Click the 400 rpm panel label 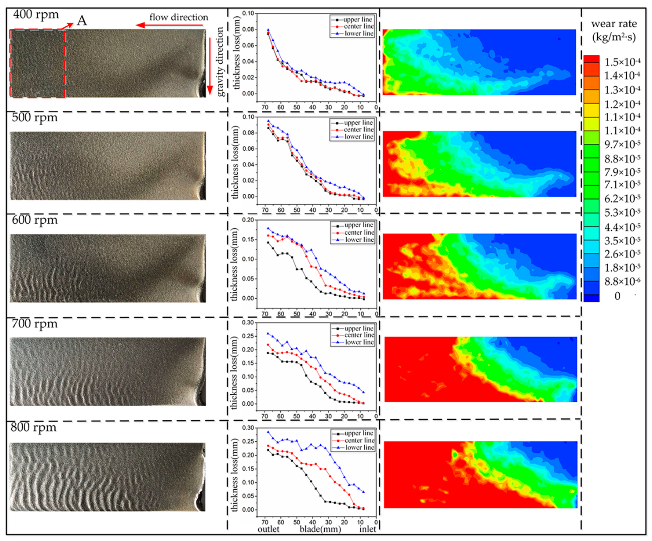tap(36, 14)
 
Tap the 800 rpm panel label tap(34, 427)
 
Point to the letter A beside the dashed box tap(82, 21)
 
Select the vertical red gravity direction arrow tap(210, 65)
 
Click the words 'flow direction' tap(179, 17)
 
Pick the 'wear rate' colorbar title tap(614, 30)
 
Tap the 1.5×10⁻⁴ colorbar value tap(622, 62)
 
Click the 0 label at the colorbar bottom tap(618, 296)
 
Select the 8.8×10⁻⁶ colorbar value tap(622, 282)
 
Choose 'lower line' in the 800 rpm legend tap(359, 448)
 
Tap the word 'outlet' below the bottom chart tap(268, 529)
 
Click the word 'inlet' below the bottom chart tap(368, 529)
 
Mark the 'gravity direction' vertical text tap(220, 61)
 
